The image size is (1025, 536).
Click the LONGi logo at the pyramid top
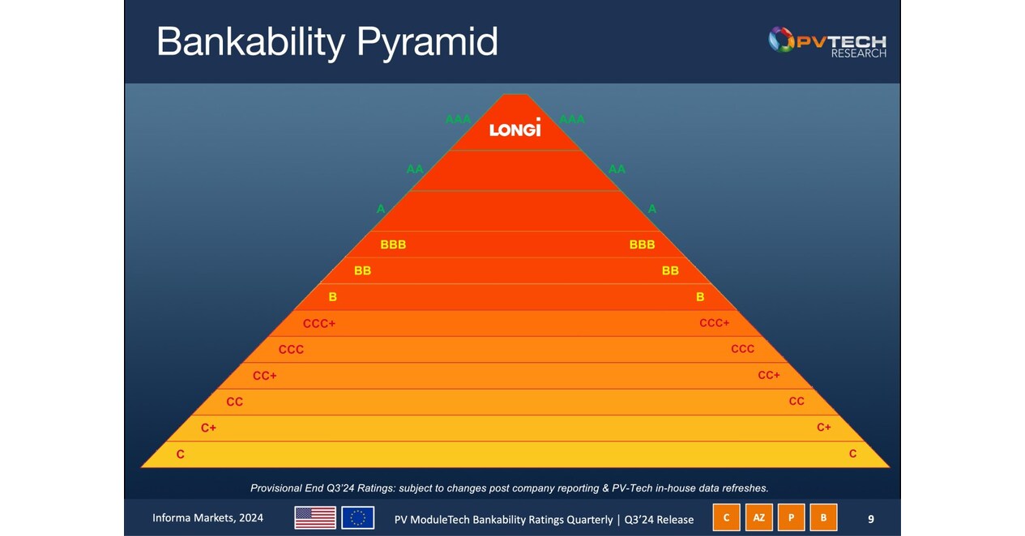515,128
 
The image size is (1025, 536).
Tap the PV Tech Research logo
827,41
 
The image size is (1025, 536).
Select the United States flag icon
315,517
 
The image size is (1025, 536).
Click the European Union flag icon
357,517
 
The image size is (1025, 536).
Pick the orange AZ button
758,518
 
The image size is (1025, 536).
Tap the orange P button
791,518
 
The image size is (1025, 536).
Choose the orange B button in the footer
823,518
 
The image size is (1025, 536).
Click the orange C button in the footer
726,518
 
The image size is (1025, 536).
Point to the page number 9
871,519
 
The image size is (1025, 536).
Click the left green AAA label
458,119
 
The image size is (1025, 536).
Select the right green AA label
617,169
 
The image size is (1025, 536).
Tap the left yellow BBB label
393,245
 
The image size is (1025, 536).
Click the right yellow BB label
670,270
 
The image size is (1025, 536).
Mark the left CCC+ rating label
319,324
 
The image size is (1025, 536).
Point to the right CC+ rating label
769,375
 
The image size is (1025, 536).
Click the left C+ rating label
208,428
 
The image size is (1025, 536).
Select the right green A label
652,209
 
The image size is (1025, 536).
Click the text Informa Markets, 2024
207,518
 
